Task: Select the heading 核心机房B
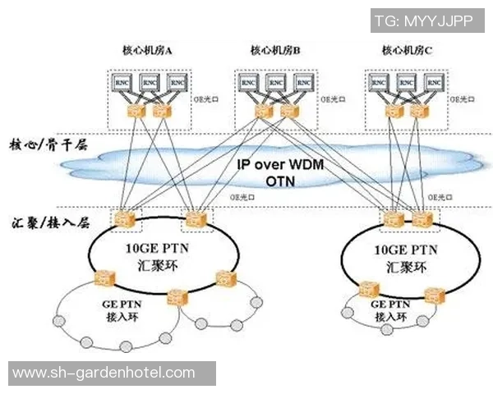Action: tap(275, 51)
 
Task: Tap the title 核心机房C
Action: tap(407, 51)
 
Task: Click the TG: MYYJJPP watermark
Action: tap(423, 21)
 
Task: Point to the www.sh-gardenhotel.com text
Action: tap(104, 373)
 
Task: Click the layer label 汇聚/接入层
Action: tap(50, 222)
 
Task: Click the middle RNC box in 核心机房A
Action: tap(150, 83)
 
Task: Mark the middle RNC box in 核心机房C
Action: tap(404, 83)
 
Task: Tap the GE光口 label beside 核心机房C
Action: tap(462, 99)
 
